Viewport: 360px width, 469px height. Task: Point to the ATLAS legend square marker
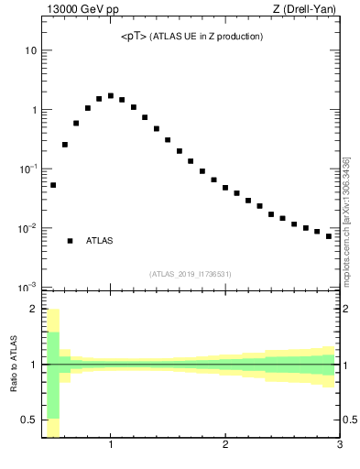pos(70,241)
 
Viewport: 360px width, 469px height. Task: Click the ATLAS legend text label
pos(100,241)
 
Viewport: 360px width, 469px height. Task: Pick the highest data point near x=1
pos(111,95)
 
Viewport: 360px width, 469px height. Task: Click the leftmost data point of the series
pos(53,185)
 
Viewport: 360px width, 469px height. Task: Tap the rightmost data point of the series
pos(329,236)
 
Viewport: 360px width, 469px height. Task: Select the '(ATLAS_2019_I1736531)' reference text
pos(191,274)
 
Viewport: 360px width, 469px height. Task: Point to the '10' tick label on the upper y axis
pos(31,50)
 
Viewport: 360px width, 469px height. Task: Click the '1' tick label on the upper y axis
pos(34,110)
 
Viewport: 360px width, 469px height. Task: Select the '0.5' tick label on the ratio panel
pos(28,422)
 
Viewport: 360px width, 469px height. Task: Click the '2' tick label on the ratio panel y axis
pos(34,309)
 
